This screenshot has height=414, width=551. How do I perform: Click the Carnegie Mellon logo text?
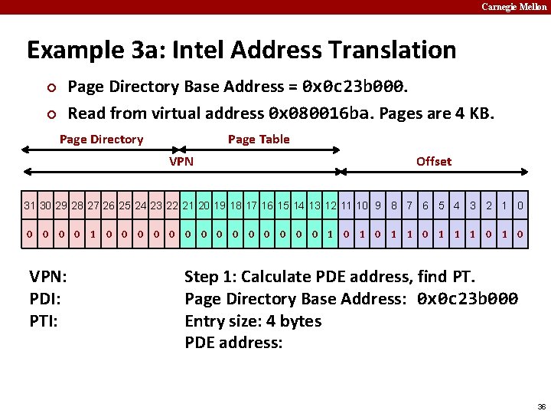[x=514, y=7]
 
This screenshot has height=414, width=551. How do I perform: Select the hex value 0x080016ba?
[x=319, y=113]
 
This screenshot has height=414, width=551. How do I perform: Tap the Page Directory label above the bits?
[x=101, y=139]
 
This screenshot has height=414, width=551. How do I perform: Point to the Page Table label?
[x=259, y=139]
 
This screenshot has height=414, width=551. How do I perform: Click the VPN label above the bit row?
[x=181, y=161]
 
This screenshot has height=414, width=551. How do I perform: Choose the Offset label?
[x=433, y=161]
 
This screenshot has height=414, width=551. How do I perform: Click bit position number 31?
[x=30, y=205]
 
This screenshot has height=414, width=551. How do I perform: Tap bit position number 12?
[x=330, y=205]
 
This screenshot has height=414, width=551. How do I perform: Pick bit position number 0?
[x=520, y=205]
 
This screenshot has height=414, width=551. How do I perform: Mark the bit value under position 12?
[x=330, y=234]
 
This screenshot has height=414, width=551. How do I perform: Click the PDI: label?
[x=44, y=298]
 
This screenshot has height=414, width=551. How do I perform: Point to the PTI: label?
[x=44, y=320]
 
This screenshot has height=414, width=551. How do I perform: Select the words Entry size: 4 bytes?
[x=253, y=320]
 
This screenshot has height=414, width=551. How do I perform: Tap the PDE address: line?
[x=233, y=343]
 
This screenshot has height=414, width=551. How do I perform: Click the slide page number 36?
[x=541, y=406]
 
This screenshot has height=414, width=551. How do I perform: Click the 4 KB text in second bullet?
[x=474, y=113]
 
